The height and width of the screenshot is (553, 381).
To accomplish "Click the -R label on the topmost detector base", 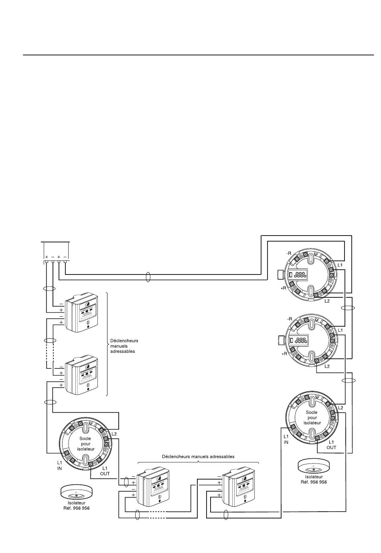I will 289,253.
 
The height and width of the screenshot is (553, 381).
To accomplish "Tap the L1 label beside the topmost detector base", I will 340,265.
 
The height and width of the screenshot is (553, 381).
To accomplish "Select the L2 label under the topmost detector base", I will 327,301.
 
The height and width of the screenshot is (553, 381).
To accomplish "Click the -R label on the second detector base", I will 289,319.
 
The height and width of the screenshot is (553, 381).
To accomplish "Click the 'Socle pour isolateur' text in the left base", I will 85,444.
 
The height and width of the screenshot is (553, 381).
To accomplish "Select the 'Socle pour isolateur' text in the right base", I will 312,417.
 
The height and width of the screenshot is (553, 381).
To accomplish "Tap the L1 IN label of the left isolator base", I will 59,465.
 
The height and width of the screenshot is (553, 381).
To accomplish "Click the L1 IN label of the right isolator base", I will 286,439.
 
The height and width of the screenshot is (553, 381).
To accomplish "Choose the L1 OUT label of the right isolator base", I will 331,444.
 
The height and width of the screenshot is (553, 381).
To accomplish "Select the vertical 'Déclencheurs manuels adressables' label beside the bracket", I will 124,346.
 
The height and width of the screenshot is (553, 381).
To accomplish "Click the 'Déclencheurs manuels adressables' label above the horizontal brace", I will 198,456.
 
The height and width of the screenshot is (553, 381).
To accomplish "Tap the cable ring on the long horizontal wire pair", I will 148,277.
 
